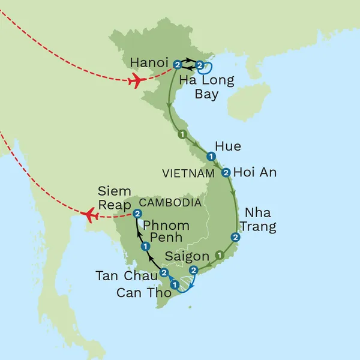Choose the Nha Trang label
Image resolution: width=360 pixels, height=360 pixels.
pyautogui.click(x=260, y=220)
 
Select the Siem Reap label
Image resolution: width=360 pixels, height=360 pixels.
pyautogui.click(x=114, y=199)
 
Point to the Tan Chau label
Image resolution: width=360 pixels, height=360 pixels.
pyautogui.click(x=127, y=276)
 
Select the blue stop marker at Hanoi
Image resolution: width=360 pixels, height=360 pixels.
pyautogui.click(x=177, y=64)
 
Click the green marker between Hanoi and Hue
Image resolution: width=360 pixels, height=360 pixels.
pyautogui.click(x=182, y=134)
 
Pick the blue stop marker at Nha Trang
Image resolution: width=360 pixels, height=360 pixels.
pyautogui.click(x=235, y=237)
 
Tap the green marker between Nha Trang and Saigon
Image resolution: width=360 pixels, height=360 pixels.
pyautogui.click(x=220, y=254)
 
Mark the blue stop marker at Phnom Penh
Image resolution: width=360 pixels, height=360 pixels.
pyautogui.click(x=145, y=247)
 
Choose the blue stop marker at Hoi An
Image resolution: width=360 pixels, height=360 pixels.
pyautogui.click(x=226, y=173)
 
